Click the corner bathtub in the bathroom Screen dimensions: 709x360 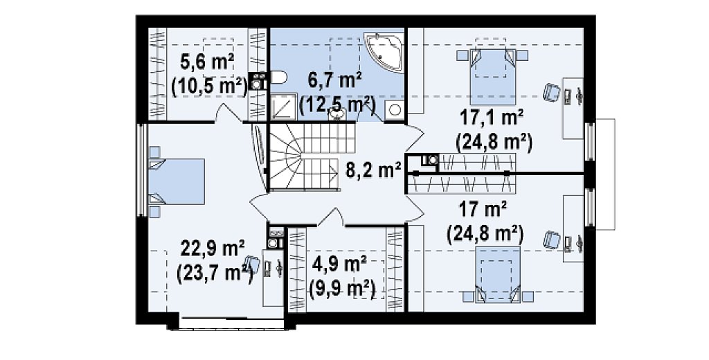pyautogui.click(x=384, y=51)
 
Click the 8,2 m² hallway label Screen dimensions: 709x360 pyautogui.click(x=373, y=170)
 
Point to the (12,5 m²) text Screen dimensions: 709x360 pyautogui.click(x=337, y=105)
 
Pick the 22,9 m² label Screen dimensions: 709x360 pyautogui.click(x=213, y=248)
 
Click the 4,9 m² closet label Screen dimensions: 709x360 pyautogui.click(x=339, y=264)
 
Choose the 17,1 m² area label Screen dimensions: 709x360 pyautogui.click(x=492, y=119)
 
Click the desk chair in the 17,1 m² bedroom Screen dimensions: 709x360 pyautogui.click(x=550, y=93)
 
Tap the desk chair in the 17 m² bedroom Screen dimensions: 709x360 pyautogui.click(x=552, y=240)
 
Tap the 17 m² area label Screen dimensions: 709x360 pyautogui.click(x=483, y=210)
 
